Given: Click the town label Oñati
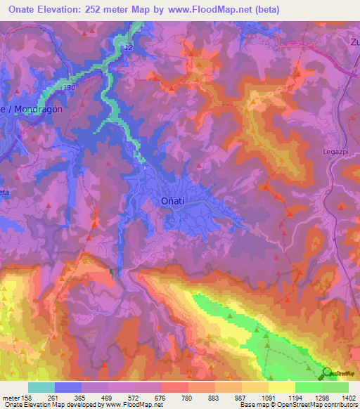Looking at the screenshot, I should pyautogui.click(x=168, y=202).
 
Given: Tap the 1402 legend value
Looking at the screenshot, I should pyautogui.click(x=349, y=397).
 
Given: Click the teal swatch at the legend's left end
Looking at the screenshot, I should pyautogui.click(x=41, y=387).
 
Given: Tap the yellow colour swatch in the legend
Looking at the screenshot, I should pyautogui.click(x=281, y=387).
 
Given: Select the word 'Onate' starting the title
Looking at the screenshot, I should pyautogui.click(x=19, y=10).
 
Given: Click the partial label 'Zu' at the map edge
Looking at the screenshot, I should pyautogui.click(x=353, y=41).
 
